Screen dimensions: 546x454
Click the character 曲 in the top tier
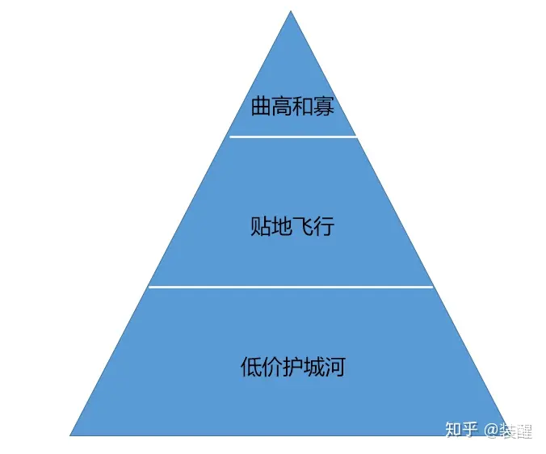click(261, 106)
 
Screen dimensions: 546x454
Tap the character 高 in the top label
click(282, 106)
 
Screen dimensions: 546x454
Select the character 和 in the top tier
click(303, 106)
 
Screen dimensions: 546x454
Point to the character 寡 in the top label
click(324, 106)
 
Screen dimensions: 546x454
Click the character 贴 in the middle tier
click(261, 226)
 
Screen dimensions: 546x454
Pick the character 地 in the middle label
click(282, 226)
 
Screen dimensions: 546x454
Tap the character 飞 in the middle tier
click(303, 226)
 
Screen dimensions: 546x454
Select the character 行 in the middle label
click(324, 226)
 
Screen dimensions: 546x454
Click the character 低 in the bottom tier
click(251, 366)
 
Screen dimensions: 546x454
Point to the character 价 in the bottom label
click(272, 366)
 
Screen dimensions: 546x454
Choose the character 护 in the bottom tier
click(293, 366)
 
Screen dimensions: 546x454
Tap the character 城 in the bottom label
click(313, 366)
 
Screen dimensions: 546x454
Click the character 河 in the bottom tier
click(334, 366)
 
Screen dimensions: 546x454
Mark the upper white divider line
click(293, 137)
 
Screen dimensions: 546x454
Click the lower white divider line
click(291, 287)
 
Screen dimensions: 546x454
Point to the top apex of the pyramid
click(291, 11)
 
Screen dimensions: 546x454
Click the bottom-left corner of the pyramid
click(70, 435)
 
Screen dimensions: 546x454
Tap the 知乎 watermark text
click(461, 430)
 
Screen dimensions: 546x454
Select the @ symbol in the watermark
click(491, 431)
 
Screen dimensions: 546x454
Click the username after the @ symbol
click(515, 431)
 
